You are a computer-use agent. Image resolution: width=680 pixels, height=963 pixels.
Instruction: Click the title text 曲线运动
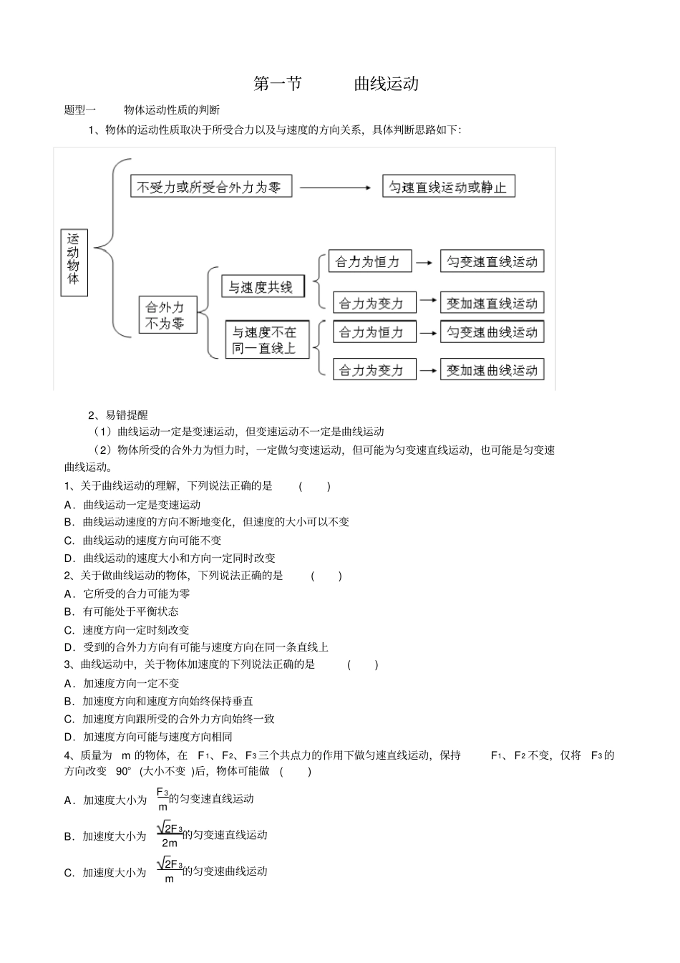point(387,84)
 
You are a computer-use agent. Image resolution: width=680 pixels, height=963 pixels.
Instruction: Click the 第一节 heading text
point(278,84)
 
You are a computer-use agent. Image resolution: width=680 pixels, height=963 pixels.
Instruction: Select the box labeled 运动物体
point(74,263)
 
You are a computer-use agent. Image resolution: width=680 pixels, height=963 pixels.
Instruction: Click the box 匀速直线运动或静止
point(448,187)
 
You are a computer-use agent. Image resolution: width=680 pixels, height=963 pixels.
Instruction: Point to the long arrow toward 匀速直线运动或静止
point(336,188)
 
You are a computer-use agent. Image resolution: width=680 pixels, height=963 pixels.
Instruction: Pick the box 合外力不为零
point(167,315)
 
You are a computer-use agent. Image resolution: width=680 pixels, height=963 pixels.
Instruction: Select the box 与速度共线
point(262,287)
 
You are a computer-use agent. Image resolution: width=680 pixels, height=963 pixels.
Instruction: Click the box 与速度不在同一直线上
point(266,340)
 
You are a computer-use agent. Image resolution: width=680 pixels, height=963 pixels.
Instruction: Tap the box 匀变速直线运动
point(492,261)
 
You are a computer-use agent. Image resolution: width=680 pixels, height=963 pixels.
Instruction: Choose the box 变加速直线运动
point(492,303)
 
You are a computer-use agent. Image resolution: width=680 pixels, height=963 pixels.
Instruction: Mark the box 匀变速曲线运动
point(492,332)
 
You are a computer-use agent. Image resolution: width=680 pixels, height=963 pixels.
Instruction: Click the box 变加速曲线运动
point(492,370)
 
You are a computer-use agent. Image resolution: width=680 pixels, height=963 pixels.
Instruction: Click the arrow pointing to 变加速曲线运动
point(428,370)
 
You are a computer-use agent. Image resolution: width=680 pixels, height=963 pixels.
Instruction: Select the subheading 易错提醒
point(127,415)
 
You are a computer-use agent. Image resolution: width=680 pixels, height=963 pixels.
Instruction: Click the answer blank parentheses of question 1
point(314,486)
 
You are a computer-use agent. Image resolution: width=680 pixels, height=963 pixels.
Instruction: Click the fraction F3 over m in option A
point(162,799)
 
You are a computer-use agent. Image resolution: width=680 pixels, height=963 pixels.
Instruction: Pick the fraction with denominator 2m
point(170,836)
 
